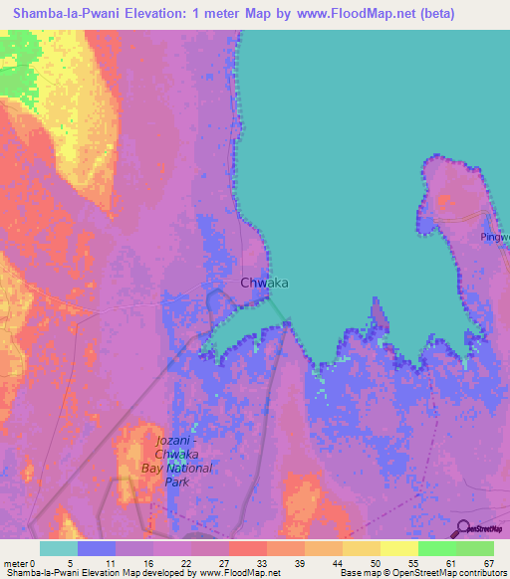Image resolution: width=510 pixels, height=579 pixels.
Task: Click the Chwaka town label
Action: [265, 283]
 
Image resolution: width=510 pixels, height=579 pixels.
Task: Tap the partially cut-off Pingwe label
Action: [492, 238]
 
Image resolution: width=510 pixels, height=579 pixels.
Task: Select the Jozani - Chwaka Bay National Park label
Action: [183, 462]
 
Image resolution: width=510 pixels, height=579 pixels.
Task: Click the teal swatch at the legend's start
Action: [58, 548]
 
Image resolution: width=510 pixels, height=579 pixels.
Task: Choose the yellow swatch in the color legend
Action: [398, 548]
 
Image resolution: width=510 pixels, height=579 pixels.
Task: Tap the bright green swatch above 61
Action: [436, 548]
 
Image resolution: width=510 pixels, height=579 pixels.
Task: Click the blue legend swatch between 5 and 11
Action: [96, 548]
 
